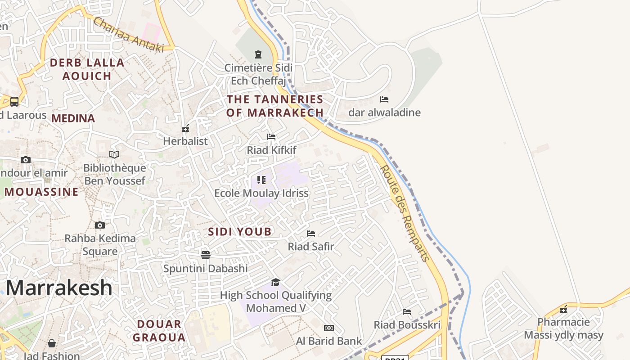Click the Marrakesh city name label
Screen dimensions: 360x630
(x=59, y=288)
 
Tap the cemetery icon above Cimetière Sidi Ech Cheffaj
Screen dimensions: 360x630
(x=258, y=54)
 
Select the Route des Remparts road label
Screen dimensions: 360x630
(x=405, y=213)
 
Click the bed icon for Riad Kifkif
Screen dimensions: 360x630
(x=271, y=137)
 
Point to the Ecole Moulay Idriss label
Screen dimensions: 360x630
(x=261, y=193)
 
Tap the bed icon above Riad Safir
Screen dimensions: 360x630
(x=311, y=233)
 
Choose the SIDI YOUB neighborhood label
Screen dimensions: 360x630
(x=240, y=232)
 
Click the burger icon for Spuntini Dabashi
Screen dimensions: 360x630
(x=206, y=255)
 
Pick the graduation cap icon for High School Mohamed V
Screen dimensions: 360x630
(x=275, y=282)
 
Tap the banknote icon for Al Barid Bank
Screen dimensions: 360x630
(x=329, y=328)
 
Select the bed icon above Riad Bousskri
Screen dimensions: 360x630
(x=407, y=311)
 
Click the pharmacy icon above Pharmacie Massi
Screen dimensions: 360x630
(x=563, y=309)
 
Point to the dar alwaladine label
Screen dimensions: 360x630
(x=384, y=112)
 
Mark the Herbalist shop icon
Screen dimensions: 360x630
(x=185, y=129)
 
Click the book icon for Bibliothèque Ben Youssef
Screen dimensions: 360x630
(x=114, y=154)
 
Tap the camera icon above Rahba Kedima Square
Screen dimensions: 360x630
(x=100, y=225)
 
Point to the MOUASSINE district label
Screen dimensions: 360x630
(x=41, y=192)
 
